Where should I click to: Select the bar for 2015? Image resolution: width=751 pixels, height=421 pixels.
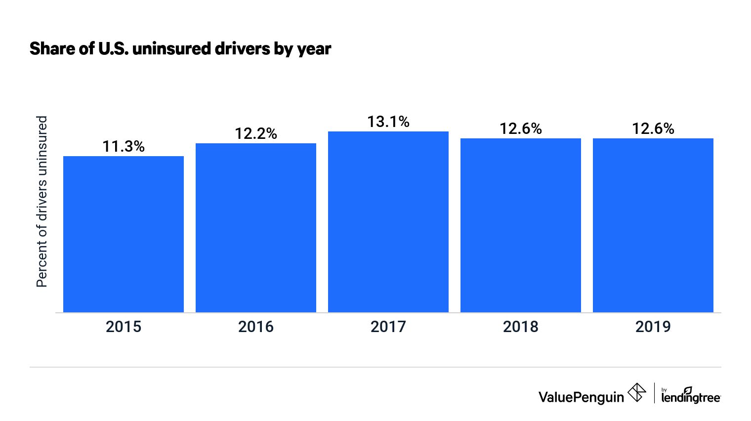click(x=124, y=234)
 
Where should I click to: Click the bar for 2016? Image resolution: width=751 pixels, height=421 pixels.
click(x=256, y=228)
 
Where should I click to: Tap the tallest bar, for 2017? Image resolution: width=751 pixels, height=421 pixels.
click(x=388, y=222)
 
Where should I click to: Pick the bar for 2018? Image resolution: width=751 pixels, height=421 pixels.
click(x=521, y=225)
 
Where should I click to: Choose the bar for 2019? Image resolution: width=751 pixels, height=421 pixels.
click(x=653, y=225)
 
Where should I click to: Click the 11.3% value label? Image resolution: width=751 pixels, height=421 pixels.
click(x=124, y=146)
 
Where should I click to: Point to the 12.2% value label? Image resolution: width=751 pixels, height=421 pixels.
click(x=256, y=133)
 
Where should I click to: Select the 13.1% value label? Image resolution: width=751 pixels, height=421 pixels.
click(x=388, y=122)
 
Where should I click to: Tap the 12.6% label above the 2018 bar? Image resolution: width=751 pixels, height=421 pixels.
click(x=521, y=128)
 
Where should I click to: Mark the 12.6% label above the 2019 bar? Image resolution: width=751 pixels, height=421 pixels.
click(x=653, y=128)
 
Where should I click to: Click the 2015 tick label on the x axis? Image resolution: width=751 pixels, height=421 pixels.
click(x=124, y=327)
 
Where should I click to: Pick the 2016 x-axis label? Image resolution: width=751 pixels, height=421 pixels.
click(x=256, y=327)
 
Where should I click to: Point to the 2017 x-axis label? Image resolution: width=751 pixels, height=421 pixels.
click(x=388, y=327)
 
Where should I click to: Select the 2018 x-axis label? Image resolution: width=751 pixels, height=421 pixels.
click(x=521, y=327)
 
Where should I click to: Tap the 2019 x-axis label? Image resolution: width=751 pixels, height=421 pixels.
click(x=653, y=327)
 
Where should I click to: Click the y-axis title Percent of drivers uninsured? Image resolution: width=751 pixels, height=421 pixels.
click(x=42, y=202)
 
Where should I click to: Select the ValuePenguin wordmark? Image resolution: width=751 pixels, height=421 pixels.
click(x=581, y=397)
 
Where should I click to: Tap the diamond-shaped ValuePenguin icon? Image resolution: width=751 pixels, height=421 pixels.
click(x=637, y=393)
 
